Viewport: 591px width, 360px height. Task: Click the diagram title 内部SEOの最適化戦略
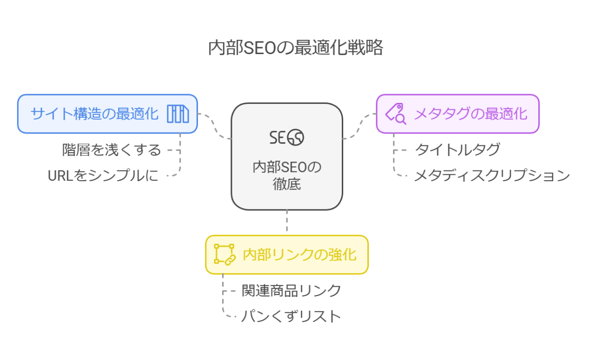tap(295, 48)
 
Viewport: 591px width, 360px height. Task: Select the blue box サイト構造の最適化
tap(94, 114)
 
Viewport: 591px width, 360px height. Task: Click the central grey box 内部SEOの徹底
tap(287, 157)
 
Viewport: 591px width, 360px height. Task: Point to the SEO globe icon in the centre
tap(287, 137)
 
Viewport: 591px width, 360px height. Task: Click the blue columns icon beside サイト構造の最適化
tap(178, 114)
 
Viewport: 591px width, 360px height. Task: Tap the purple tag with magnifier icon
tap(395, 114)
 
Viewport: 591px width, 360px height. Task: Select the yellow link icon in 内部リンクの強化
tap(224, 255)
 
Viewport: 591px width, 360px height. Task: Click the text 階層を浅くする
tap(112, 149)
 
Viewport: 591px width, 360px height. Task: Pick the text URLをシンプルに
tap(103, 175)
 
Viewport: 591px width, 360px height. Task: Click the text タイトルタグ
tap(458, 149)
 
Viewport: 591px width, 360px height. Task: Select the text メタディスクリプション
tap(492, 175)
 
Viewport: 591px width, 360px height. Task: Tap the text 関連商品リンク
tap(292, 291)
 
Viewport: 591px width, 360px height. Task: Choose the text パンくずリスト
tap(291, 316)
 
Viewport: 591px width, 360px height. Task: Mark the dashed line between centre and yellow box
tap(287, 222)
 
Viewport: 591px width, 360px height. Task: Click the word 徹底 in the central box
tap(287, 185)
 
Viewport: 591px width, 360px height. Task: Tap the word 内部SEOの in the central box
tap(287, 167)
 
